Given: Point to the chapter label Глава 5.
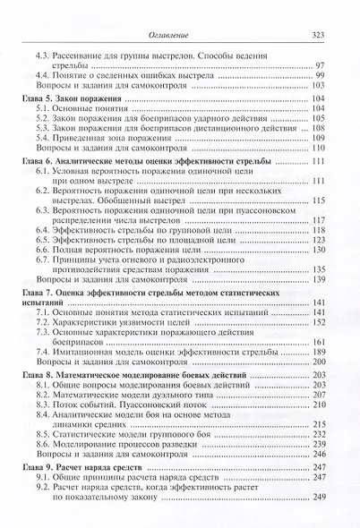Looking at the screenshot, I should point(37,93).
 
